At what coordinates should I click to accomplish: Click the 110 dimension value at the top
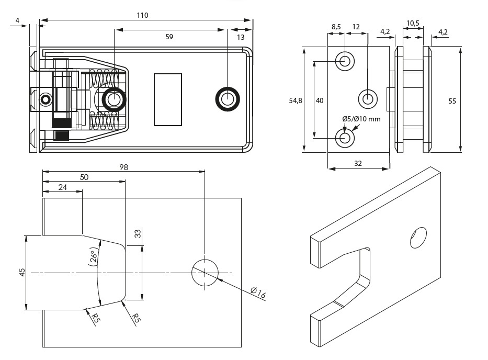tap(142, 15)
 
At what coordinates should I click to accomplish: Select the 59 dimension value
tap(169, 37)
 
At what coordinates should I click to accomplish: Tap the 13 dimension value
tap(241, 37)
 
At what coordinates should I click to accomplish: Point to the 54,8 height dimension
tap(296, 100)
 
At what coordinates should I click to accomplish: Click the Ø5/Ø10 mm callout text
tap(361, 119)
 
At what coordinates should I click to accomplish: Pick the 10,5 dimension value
tap(413, 23)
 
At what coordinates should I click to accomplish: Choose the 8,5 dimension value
tap(336, 26)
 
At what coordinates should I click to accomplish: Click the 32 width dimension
tap(358, 163)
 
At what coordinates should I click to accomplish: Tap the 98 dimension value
tap(123, 167)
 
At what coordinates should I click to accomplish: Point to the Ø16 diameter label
tap(258, 294)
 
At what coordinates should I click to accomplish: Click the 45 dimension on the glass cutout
tap(22, 273)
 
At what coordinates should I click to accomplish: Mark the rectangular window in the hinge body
tap(168, 99)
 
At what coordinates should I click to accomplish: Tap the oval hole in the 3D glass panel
tap(418, 237)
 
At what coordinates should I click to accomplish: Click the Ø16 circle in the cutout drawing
tap(205, 272)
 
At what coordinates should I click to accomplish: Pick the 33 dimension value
tap(138, 234)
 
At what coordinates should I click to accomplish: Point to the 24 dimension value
tap(62, 187)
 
